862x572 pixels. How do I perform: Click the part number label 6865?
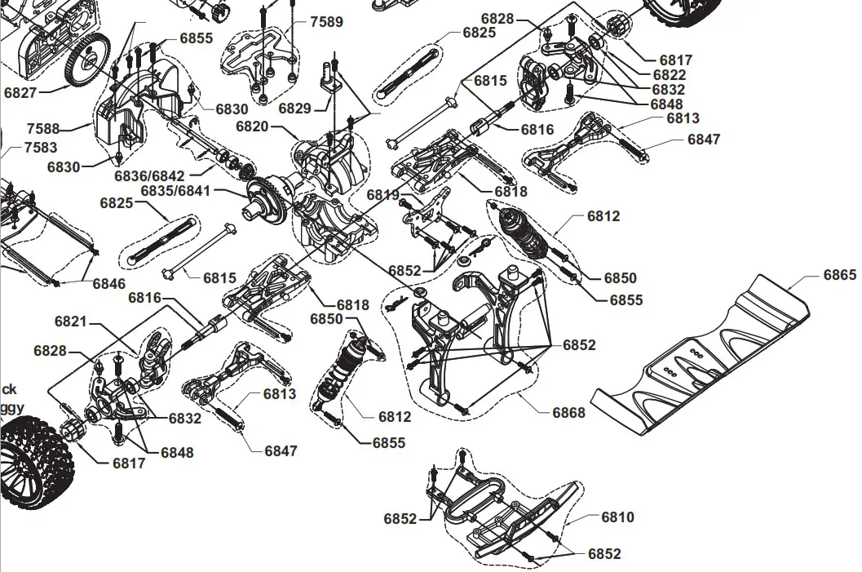click(x=839, y=275)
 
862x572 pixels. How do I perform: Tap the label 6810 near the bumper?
click(x=617, y=517)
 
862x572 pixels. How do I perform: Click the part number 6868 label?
click(x=568, y=413)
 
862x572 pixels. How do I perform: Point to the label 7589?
click(x=326, y=22)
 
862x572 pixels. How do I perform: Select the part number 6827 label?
click(x=20, y=93)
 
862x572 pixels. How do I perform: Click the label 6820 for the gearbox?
click(x=252, y=126)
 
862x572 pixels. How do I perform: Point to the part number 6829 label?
click(x=294, y=108)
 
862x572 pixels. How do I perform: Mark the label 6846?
click(x=108, y=284)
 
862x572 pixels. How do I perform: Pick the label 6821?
click(x=71, y=322)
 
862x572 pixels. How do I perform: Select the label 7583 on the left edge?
click(x=40, y=148)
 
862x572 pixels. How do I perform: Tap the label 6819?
click(x=382, y=195)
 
